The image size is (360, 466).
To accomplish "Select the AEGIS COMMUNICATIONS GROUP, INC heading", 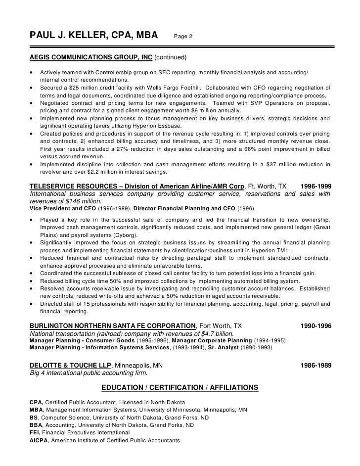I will pyautogui.click(x=91, y=58).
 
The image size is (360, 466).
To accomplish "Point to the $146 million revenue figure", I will pyautogui.click(x=88, y=201).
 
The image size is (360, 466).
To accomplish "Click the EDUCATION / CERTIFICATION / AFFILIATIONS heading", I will pyautogui.click(x=179, y=387).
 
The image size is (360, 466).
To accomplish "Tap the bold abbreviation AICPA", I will pyautogui.click(x=38, y=441).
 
